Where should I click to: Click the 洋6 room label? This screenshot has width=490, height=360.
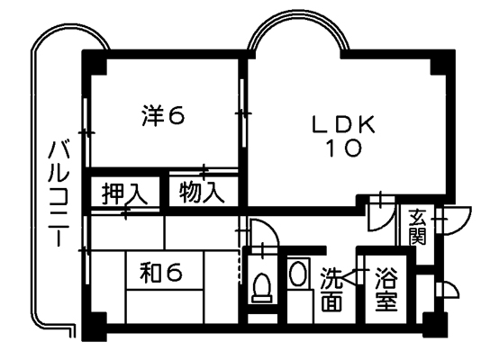pos(163,115)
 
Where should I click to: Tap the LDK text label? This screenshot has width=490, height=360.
pos(343,125)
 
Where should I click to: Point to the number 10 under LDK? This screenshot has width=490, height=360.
pos(344,148)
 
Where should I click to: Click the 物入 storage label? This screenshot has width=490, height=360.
pos(202,192)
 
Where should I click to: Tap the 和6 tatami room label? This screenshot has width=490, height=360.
pos(160,272)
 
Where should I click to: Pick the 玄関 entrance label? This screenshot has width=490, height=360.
pos(418,228)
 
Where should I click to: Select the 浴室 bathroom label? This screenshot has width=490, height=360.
pos(386,289)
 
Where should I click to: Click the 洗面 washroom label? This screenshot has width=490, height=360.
pos(331,290)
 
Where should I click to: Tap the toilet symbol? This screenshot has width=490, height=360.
pos(262,288)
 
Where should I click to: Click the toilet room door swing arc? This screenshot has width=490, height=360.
pos(269,227)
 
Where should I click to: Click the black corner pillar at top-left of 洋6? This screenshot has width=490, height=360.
pos(94,62)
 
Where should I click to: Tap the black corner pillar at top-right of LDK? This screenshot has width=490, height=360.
pos(442,62)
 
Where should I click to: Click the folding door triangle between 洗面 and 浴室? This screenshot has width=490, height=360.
pos(349,276)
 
